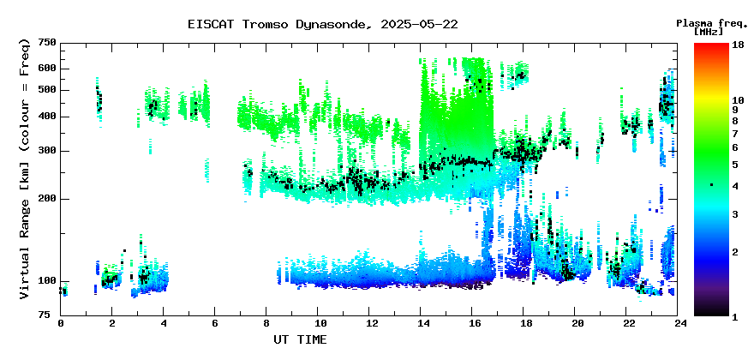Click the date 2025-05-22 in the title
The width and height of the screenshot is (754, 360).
point(419,25)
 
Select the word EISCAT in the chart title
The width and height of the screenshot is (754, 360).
point(211,25)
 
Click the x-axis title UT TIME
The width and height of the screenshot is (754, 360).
point(300,339)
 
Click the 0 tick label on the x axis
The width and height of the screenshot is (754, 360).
point(61,323)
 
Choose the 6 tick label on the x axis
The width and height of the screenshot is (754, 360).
point(215,323)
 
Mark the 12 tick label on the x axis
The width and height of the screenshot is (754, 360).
point(368,323)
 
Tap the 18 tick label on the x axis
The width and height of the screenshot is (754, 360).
point(524,323)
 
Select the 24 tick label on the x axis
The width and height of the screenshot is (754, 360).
point(678,323)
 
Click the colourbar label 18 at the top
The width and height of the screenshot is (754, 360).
point(738,45)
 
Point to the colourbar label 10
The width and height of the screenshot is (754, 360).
point(738,100)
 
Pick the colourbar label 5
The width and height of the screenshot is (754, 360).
point(735,165)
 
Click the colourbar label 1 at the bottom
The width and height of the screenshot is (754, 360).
point(735,317)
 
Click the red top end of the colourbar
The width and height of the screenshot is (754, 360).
point(711,45)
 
